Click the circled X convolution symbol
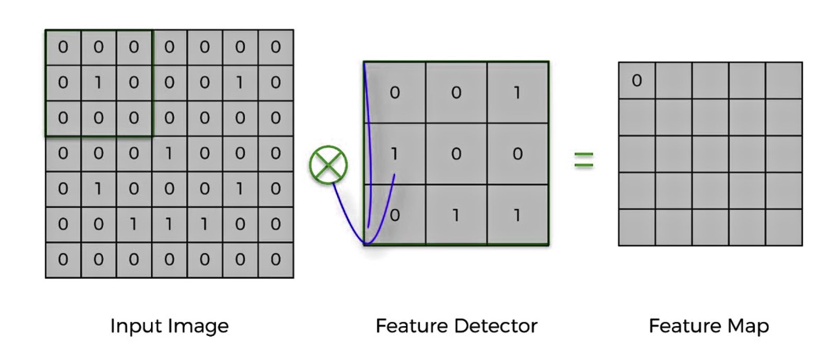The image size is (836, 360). [x=328, y=165]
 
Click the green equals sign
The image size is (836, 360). [x=584, y=159]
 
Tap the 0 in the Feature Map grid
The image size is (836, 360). [x=636, y=80]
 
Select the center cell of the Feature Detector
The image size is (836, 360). [x=456, y=154]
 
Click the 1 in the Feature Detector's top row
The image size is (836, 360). [x=517, y=92]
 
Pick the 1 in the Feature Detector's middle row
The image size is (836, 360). [x=394, y=154]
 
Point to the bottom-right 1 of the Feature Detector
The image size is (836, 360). [x=517, y=215]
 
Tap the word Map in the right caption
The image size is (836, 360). [x=748, y=326]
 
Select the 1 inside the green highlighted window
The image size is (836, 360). [x=98, y=83]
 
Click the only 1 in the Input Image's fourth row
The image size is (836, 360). [x=169, y=153]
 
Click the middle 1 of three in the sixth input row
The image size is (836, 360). [x=169, y=224]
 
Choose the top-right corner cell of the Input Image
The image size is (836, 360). [x=275, y=47]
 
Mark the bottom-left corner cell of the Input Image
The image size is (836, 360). [x=63, y=260]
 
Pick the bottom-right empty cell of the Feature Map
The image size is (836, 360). [x=784, y=227]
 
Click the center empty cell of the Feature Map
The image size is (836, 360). [x=710, y=154]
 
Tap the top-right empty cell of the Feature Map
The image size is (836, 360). [x=784, y=80]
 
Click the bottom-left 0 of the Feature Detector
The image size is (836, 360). [x=395, y=215]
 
